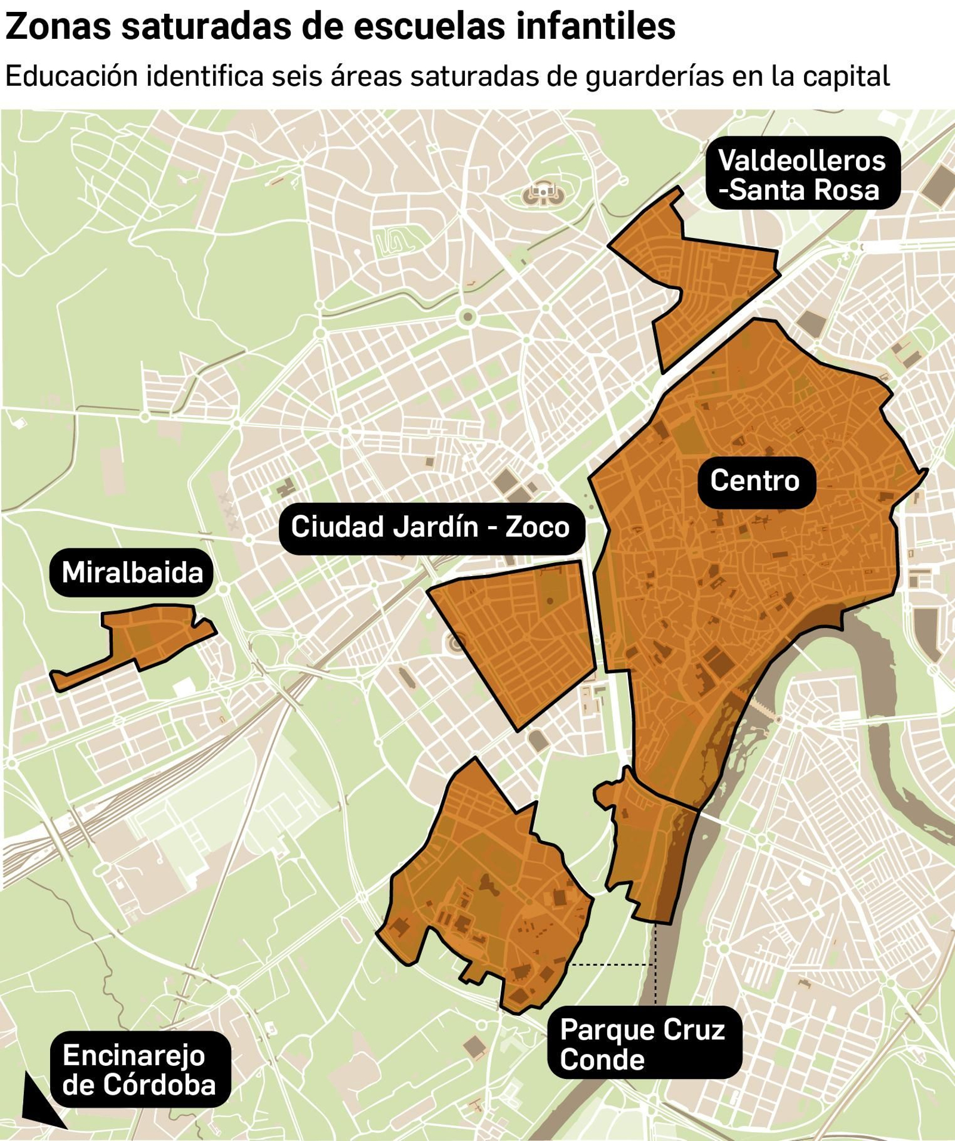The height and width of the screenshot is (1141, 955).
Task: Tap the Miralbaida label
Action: point(132,573)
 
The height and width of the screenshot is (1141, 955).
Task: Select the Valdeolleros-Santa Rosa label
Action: point(802,174)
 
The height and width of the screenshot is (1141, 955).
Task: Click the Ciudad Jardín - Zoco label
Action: point(430,528)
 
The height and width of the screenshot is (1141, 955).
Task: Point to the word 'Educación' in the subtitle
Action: point(72,76)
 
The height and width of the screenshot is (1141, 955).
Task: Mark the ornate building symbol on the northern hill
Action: point(543,193)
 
